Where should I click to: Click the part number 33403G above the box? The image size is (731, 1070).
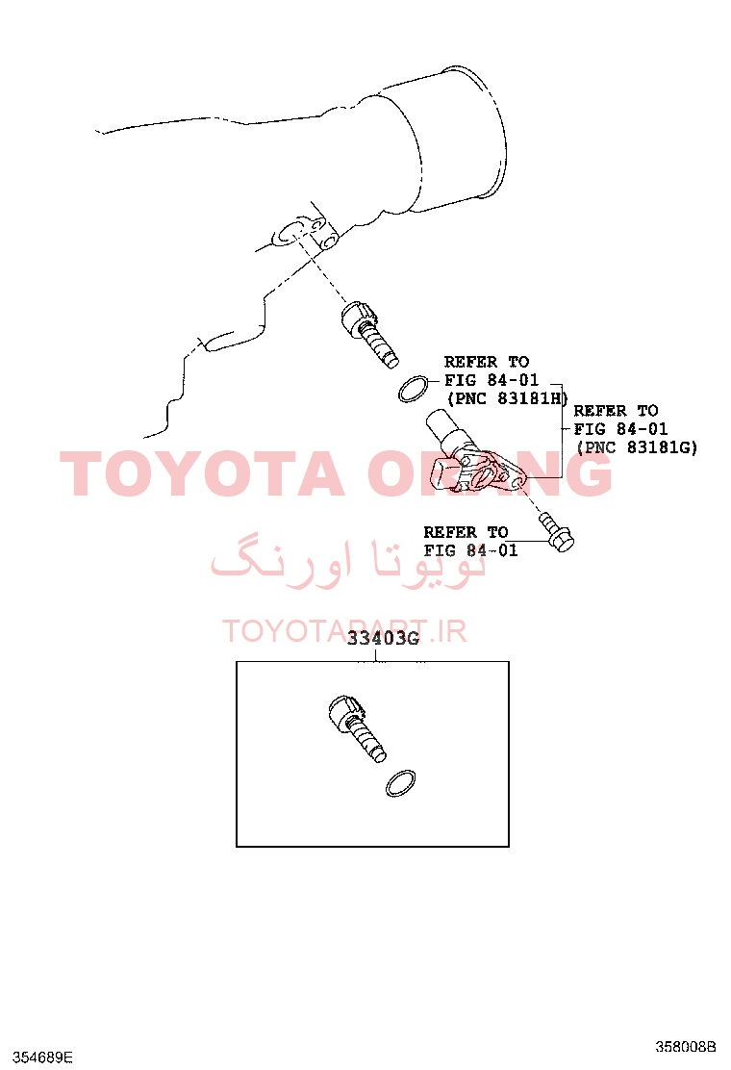coord(383,639)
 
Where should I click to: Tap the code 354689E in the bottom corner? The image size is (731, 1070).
coord(42,1057)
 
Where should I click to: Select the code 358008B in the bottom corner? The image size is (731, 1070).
coord(686,1046)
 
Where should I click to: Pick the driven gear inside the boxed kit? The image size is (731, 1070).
coord(356,726)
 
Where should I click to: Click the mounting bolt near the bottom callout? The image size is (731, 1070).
coord(557,532)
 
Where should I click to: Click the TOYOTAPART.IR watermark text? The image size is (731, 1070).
coord(344,631)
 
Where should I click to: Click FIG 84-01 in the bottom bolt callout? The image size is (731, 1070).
coord(470,550)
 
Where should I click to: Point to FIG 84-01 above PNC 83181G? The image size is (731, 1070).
coord(620,428)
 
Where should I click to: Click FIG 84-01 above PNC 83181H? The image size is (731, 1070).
coord(492,379)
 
